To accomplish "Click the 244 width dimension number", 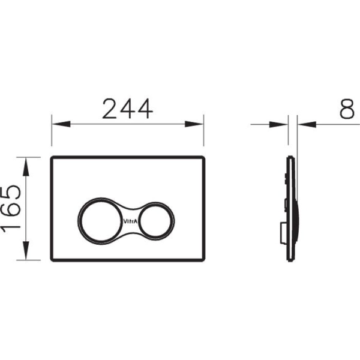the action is click(128, 109).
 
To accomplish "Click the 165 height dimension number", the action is click(11, 208).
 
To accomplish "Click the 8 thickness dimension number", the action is click(347, 109).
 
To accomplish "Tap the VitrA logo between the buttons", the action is click(130, 221).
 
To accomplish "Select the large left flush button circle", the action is click(79, 221).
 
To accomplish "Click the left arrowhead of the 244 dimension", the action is click(61, 124).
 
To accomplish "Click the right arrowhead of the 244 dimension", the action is click(194, 124).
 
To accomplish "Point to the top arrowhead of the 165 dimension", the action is click(26, 167).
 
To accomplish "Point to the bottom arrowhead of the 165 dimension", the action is click(26, 251).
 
